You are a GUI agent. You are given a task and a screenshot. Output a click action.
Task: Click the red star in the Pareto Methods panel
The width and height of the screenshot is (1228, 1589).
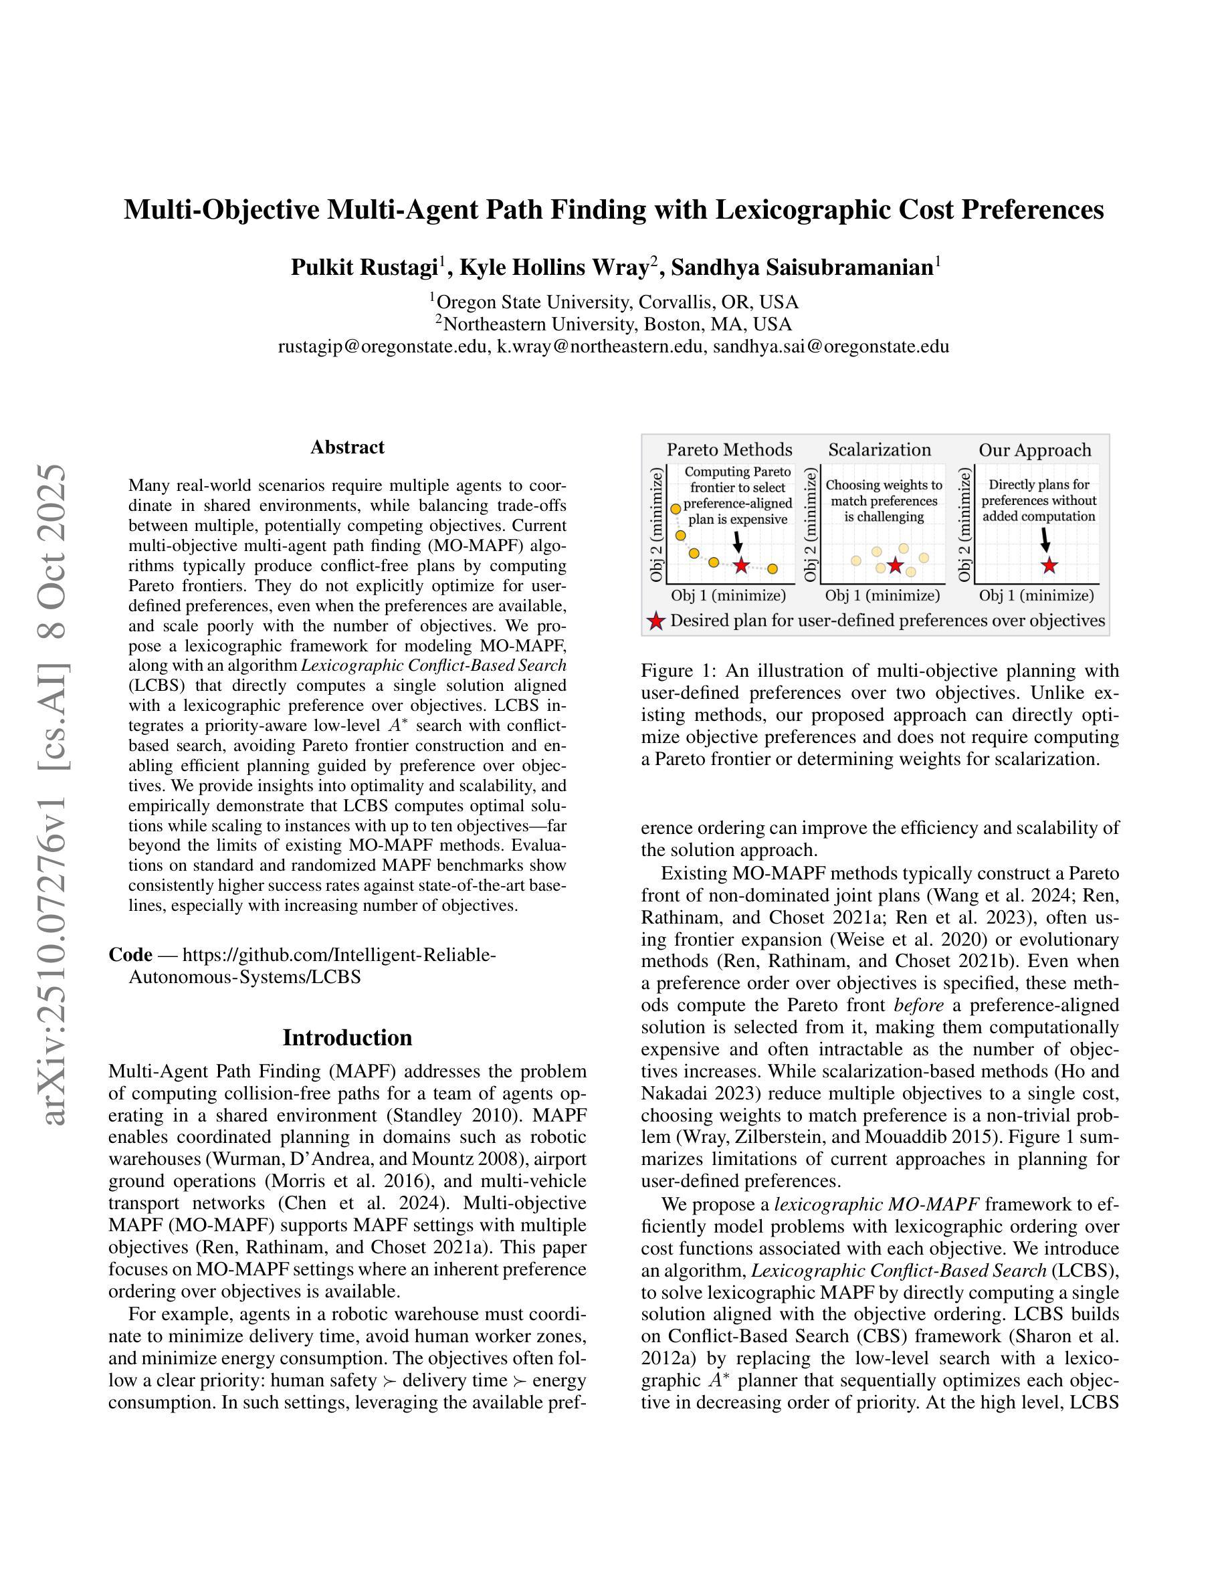point(740,565)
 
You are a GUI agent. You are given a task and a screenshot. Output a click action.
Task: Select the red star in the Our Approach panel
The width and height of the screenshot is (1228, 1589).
point(1048,565)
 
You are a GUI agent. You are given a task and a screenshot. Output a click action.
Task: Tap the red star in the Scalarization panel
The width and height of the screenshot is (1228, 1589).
point(896,565)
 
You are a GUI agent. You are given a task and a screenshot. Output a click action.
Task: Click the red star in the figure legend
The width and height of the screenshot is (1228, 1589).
point(656,621)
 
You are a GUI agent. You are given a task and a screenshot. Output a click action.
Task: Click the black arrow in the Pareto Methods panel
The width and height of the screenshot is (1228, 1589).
point(738,541)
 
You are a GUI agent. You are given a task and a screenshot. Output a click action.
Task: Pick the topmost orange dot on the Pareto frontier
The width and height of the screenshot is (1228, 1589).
point(675,508)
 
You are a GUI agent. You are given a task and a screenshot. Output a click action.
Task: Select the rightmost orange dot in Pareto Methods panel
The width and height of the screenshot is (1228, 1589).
point(773,568)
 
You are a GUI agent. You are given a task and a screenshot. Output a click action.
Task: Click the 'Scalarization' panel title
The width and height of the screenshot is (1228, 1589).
point(880,449)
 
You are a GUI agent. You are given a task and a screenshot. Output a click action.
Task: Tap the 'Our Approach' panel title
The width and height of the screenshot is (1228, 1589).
point(1035,449)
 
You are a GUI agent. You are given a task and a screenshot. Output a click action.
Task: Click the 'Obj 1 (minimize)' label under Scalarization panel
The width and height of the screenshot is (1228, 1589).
point(882,595)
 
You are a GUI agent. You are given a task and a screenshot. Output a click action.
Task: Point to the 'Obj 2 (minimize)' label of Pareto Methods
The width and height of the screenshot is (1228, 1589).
point(657,524)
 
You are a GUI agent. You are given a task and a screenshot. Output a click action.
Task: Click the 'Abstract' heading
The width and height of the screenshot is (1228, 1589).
point(347,447)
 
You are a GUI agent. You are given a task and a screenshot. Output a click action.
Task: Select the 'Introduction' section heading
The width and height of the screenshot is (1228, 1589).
point(347,1037)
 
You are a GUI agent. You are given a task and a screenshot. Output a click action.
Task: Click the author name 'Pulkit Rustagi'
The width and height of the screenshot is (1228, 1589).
point(363,268)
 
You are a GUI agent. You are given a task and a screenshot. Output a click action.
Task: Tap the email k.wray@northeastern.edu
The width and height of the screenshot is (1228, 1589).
point(600,346)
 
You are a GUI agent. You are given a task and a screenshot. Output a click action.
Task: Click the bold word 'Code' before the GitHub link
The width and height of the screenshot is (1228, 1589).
point(130,954)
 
